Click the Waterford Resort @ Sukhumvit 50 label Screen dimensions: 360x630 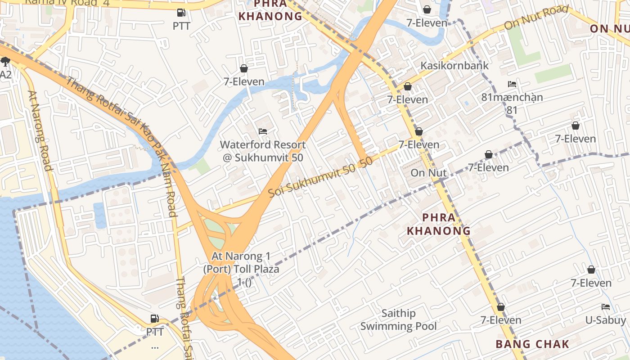[x=263, y=151]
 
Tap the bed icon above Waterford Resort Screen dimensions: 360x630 [x=263, y=131]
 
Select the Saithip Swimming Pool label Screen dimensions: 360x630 [x=398, y=319]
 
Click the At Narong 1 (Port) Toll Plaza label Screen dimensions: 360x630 [x=241, y=263]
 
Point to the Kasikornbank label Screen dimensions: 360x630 [x=454, y=65]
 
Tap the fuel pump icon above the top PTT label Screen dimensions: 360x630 [x=181, y=13]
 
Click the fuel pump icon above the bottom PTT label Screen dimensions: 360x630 [x=154, y=319]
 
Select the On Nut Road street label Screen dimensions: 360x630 [x=536, y=18]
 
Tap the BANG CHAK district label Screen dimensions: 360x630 [x=532, y=344]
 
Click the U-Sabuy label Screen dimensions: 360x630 [x=605, y=320]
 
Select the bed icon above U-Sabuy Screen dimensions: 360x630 [x=606, y=307]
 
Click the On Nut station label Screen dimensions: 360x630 [x=428, y=173]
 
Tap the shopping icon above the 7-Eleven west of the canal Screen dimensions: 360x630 [x=244, y=68]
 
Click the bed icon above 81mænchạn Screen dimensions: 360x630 [x=512, y=84]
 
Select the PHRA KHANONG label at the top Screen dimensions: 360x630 [x=270, y=11]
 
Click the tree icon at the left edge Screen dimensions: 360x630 [x=5, y=62]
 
